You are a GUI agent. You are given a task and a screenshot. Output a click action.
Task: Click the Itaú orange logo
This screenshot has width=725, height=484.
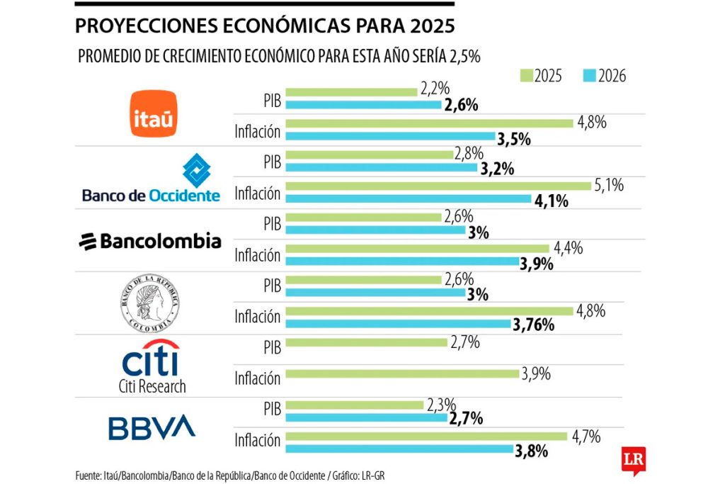pyautogui.click(x=154, y=113)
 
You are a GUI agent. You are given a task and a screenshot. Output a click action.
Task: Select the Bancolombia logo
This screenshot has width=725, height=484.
pyautogui.click(x=149, y=242)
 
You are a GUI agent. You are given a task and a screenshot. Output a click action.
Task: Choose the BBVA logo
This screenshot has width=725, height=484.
pyautogui.click(x=151, y=427)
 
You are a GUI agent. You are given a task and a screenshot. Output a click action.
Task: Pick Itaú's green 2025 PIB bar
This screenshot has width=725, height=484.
pyautogui.click(x=353, y=91)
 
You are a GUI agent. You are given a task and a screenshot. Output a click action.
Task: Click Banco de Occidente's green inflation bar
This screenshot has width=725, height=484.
pyautogui.click(x=440, y=186)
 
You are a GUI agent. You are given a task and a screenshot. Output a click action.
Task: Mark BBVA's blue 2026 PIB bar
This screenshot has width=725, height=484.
pyautogui.click(x=368, y=418)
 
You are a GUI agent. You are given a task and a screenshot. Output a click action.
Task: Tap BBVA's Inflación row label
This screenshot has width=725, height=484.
pyautogui.click(x=258, y=441)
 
